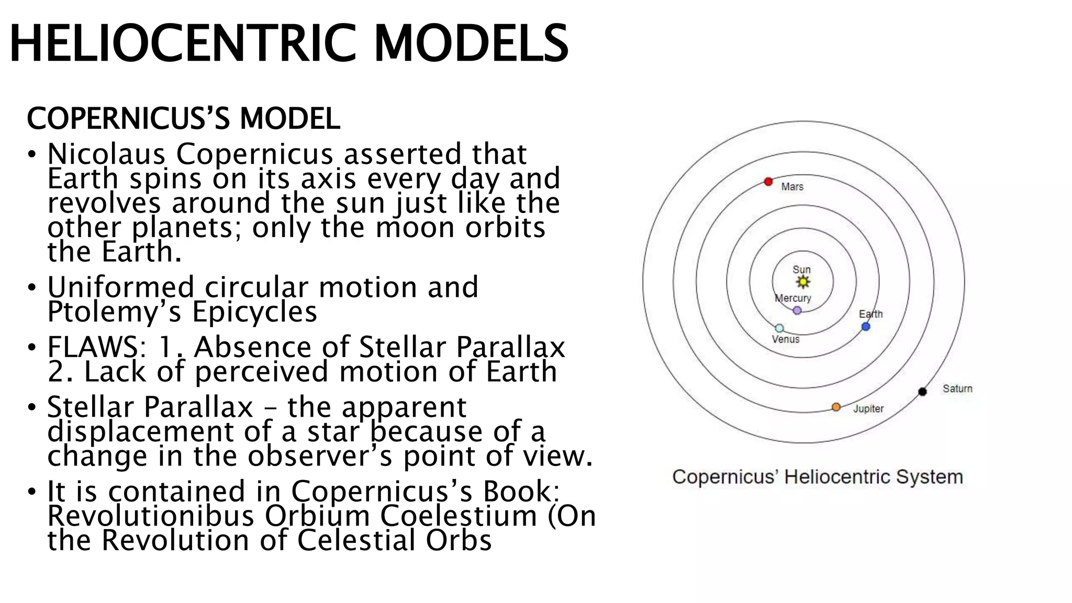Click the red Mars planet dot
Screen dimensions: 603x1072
click(x=768, y=182)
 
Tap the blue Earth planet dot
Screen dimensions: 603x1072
click(x=866, y=327)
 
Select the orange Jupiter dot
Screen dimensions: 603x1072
click(x=836, y=407)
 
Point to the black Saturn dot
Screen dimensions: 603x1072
click(x=923, y=392)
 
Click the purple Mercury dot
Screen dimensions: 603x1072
click(x=797, y=310)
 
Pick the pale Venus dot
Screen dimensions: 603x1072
click(x=779, y=328)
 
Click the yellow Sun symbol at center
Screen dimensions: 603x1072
click(x=802, y=282)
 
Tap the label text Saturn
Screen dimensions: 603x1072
click(x=957, y=388)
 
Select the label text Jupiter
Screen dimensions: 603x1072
click(x=868, y=409)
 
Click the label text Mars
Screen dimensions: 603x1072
click(x=792, y=187)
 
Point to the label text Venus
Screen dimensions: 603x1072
click(x=786, y=339)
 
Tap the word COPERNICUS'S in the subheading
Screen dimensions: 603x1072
click(x=128, y=118)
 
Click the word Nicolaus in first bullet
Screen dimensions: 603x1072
click(x=106, y=154)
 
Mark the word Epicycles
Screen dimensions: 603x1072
click(x=255, y=312)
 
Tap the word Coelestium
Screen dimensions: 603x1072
click(x=459, y=516)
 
